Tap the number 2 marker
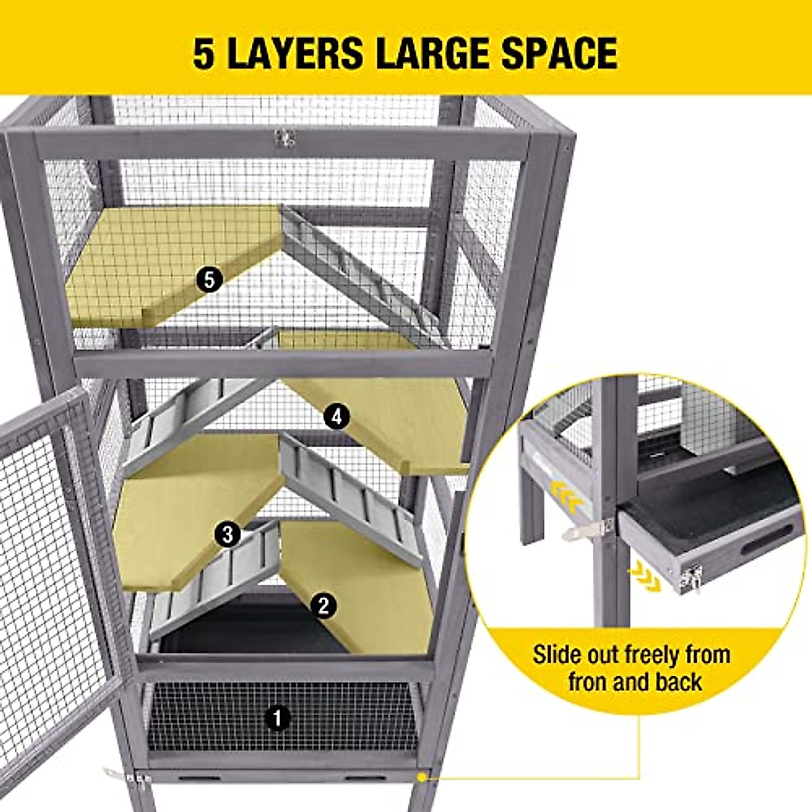click(x=323, y=605)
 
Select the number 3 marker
click(x=227, y=535)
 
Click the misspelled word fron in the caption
click(x=591, y=681)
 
